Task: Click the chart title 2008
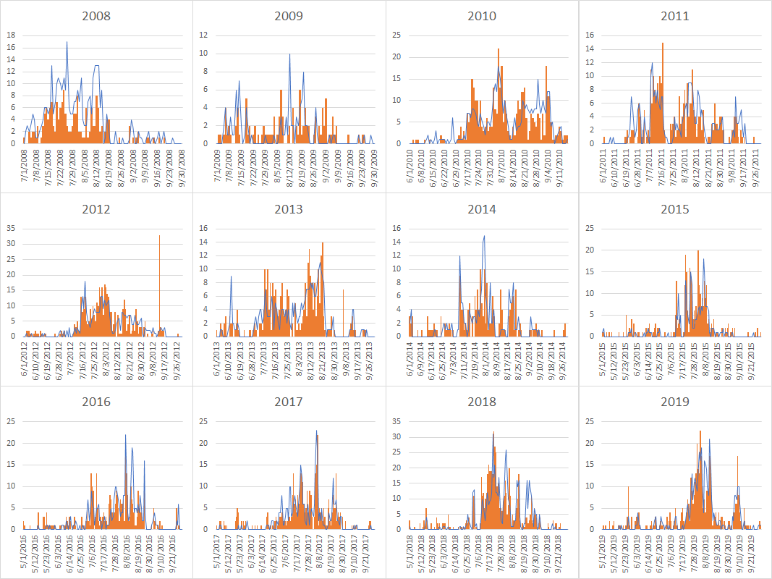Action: pyautogui.click(x=96, y=16)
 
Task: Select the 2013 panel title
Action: pyautogui.click(x=289, y=209)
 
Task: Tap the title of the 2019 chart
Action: pyautogui.click(x=674, y=402)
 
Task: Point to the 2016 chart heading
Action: pyautogui.click(x=96, y=402)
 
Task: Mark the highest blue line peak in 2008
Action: pyautogui.click(x=67, y=43)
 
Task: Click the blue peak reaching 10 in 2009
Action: pyautogui.click(x=289, y=55)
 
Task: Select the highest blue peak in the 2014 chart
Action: pyautogui.click(x=484, y=237)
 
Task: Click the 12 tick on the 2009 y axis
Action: pyautogui.click(x=205, y=35)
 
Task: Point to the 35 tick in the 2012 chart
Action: pyautogui.click(x=12, y=228)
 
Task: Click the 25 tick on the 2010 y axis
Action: pyautogui.click(x=397, y=35)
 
